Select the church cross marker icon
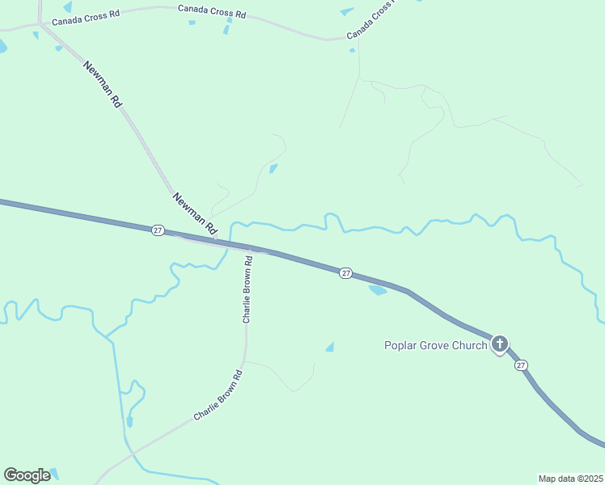point(500,344)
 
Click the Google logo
point(27,475)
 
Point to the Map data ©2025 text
point(570,479)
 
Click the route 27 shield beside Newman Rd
point(158,230)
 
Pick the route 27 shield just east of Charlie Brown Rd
point(345,273)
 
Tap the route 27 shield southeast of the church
point(521,365)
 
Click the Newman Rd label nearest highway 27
point(196,214)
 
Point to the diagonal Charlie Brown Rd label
point(218,395)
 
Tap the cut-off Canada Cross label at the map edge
point(371,22)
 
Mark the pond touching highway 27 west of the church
point(378,289)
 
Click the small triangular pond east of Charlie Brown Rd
point(330,347)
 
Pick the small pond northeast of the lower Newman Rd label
point(273,168)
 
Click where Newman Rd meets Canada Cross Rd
point(39,24)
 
